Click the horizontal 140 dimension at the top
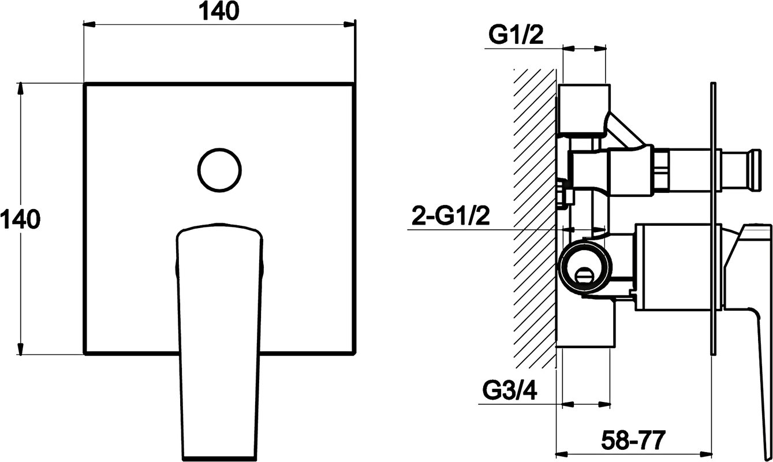point(219,11)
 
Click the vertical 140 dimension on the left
point(20,219)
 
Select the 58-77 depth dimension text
point(633,440)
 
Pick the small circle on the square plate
point(219,170)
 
